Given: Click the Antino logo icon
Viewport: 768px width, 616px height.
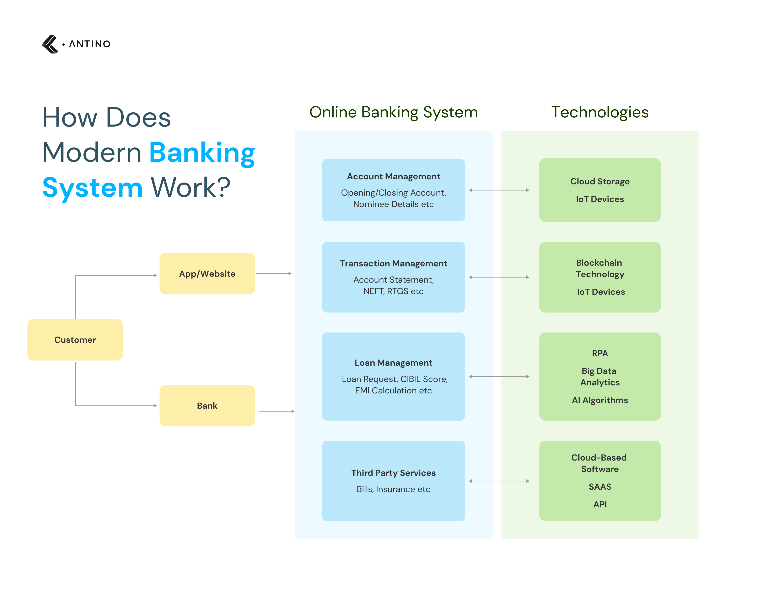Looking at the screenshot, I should click(50, 44).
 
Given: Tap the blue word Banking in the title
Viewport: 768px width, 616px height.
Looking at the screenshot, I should click(202, 153).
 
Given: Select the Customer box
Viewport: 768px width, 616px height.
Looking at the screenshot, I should click(75, 340).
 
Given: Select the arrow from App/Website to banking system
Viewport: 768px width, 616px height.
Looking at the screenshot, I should click(274, 273).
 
